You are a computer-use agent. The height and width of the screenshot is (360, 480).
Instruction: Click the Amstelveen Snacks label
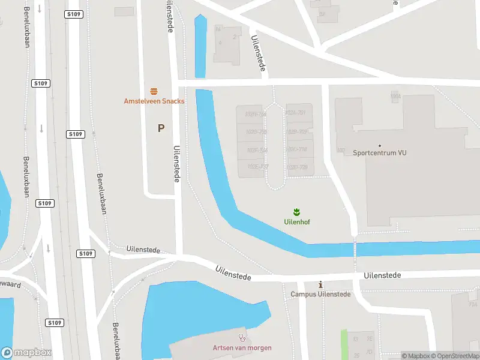point(154,101)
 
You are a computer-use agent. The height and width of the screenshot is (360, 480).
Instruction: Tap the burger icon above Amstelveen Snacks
point(154,91)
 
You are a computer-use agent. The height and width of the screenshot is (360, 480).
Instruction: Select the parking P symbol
point(161,128)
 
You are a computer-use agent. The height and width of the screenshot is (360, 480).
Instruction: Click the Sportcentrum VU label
point(380,153)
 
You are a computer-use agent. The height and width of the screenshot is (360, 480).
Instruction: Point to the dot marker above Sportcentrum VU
point(380,145)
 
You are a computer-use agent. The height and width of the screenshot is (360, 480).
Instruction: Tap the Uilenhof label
point(296,221)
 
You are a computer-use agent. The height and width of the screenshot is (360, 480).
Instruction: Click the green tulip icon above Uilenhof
point(296,212)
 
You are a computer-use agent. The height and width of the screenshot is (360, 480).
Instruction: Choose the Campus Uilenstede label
point(320,294)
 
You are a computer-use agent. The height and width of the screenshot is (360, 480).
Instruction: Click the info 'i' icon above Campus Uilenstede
point(320,284)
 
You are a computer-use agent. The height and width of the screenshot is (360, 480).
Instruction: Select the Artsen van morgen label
point(242,348)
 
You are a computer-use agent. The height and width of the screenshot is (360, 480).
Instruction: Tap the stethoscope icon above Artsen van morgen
point(242,338)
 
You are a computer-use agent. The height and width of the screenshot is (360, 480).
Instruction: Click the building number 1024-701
point(297,113)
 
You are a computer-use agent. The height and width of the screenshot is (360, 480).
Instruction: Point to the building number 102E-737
point(257,166)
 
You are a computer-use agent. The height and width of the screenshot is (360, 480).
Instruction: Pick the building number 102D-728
point(297,167)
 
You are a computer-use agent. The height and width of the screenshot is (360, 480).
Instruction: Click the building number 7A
point(473,305)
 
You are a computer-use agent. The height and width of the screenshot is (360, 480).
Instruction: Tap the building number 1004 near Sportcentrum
point(395,95)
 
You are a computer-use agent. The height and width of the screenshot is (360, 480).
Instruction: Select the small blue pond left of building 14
point(200,47)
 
